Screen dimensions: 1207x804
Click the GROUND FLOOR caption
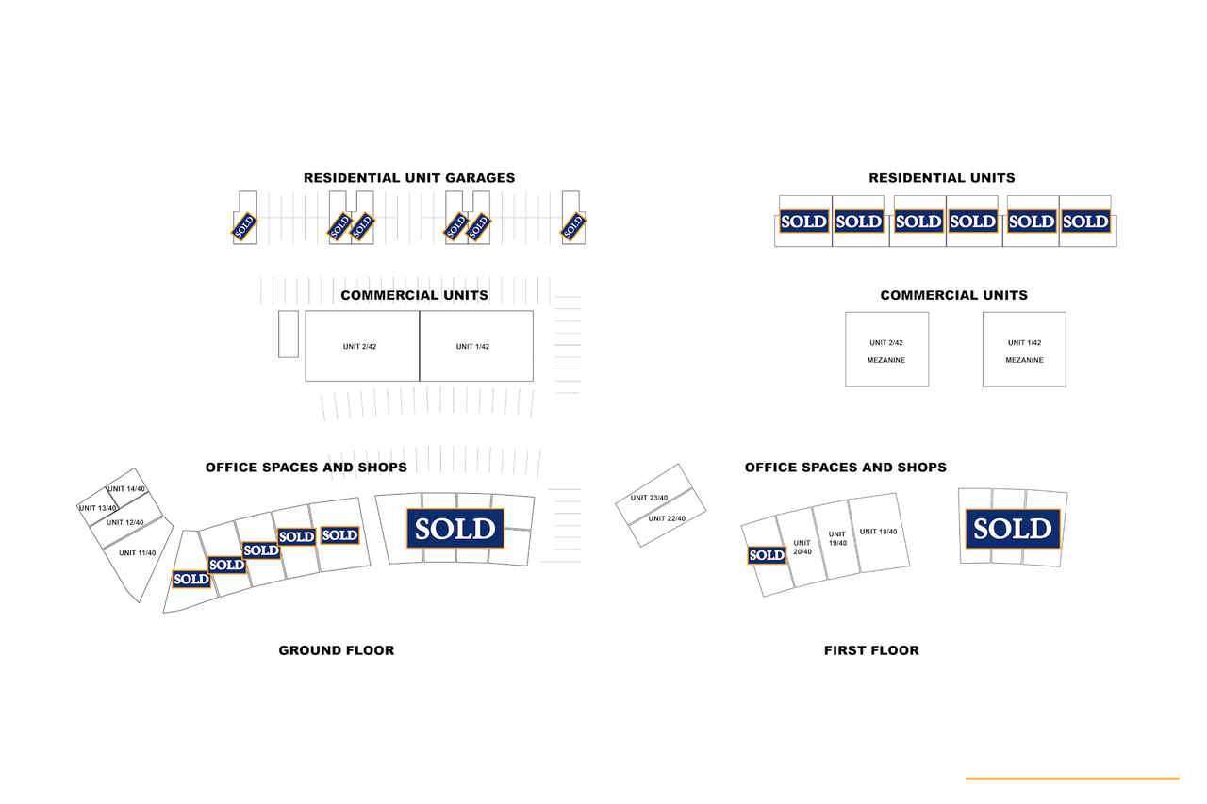point(337,650)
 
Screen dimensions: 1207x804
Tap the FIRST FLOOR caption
point(871,650)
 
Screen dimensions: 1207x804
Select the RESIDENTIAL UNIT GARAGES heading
point(409,178)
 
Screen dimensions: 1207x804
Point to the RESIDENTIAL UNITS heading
point(941,178)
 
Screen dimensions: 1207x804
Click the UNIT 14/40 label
point(126,489)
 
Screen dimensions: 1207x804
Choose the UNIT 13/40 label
point(97,508)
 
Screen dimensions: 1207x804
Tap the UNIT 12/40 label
point(125,522)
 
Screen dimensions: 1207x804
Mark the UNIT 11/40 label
point(137,553)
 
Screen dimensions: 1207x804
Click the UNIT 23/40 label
point(649,498)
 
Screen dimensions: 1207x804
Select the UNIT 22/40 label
point(667,518)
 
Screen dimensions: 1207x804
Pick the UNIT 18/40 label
point(878,532)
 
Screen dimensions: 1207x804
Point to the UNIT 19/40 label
point(837,538)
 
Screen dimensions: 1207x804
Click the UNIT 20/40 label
point(802,547)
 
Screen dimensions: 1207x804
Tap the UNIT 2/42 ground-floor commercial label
point(359,346)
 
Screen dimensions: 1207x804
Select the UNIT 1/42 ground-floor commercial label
point(472,346)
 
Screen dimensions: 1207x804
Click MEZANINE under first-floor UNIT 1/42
point(1024,360)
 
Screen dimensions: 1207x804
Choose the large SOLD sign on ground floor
point(455,528)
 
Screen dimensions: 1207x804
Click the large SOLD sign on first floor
point(1013,528)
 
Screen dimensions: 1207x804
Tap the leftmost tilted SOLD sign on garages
point(244,226)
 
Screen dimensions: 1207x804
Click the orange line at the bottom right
point(1072,779)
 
